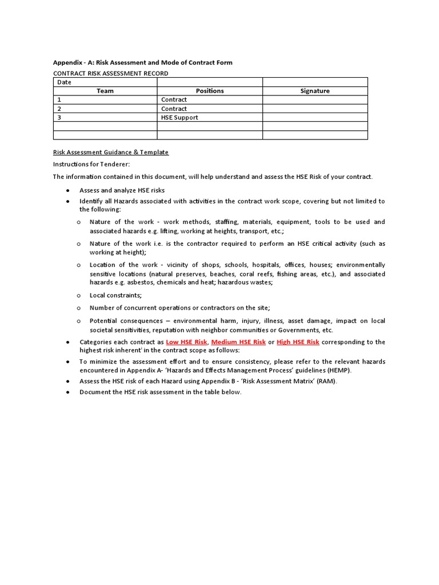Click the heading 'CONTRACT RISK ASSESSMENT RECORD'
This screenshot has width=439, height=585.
(x=110, y=73)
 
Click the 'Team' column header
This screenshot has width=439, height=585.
(x=105, y=91)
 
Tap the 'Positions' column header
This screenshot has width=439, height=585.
(x=210, y=91)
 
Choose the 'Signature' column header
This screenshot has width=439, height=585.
(x=315, y=91)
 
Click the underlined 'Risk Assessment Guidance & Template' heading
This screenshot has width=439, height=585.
(x=110, y=152)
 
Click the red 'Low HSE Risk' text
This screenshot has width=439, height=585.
(x=186, y=342)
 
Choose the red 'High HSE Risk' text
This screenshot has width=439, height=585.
(x=298, y=342)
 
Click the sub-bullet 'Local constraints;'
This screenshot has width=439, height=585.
(x=115, y=295)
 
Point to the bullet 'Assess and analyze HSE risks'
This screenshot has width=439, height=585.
(x=122, y=190)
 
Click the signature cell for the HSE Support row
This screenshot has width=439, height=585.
(x=315, y=118)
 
